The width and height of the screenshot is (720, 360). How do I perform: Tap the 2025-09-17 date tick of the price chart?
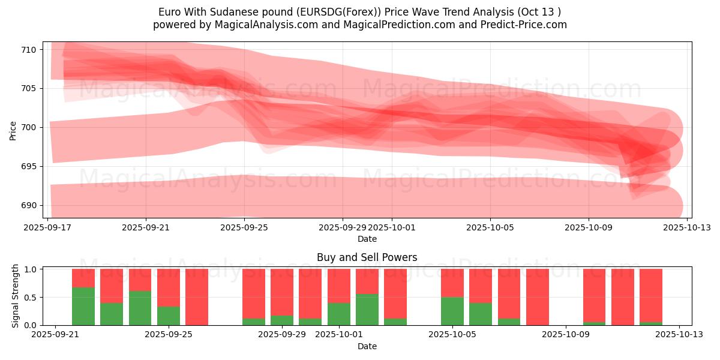click(48, 228)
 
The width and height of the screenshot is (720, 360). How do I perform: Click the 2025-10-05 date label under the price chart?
click(490, 228)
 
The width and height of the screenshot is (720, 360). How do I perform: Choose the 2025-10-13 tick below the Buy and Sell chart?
click(679, 335)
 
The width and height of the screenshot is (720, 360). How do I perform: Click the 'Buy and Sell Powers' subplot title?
click(367, 258)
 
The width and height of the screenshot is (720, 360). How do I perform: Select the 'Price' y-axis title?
click(13, 130)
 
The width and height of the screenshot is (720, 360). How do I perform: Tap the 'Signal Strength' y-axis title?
click(16, 295)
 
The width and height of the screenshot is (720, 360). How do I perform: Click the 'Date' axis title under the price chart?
click(367, 239)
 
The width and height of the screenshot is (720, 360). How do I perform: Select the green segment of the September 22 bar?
click(83, 306)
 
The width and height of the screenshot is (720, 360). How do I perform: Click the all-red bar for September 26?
click(197, 297)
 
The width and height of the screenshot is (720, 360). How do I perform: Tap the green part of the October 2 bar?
click(367, 310)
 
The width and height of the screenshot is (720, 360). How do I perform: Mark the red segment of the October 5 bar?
click(452, 283)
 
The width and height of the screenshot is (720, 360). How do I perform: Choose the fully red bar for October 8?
click(538, 297)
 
